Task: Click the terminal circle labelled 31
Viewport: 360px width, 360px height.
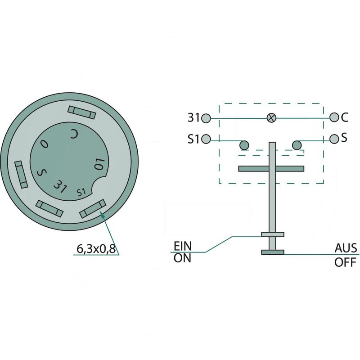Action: [206, 118]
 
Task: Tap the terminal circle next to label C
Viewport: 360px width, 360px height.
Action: [334, 117]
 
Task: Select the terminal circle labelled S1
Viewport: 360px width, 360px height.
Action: [206, 139]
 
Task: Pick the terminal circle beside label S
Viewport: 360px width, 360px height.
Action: [334, 139]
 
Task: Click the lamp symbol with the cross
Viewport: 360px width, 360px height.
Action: [271, 118]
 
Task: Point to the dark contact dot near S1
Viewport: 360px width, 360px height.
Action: [244, 145]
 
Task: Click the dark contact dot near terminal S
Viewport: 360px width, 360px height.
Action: [297, 145]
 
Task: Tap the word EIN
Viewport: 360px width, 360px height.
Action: [183, 246]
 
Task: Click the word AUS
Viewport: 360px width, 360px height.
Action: [346, 248]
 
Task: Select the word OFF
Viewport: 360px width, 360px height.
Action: [345, 262]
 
